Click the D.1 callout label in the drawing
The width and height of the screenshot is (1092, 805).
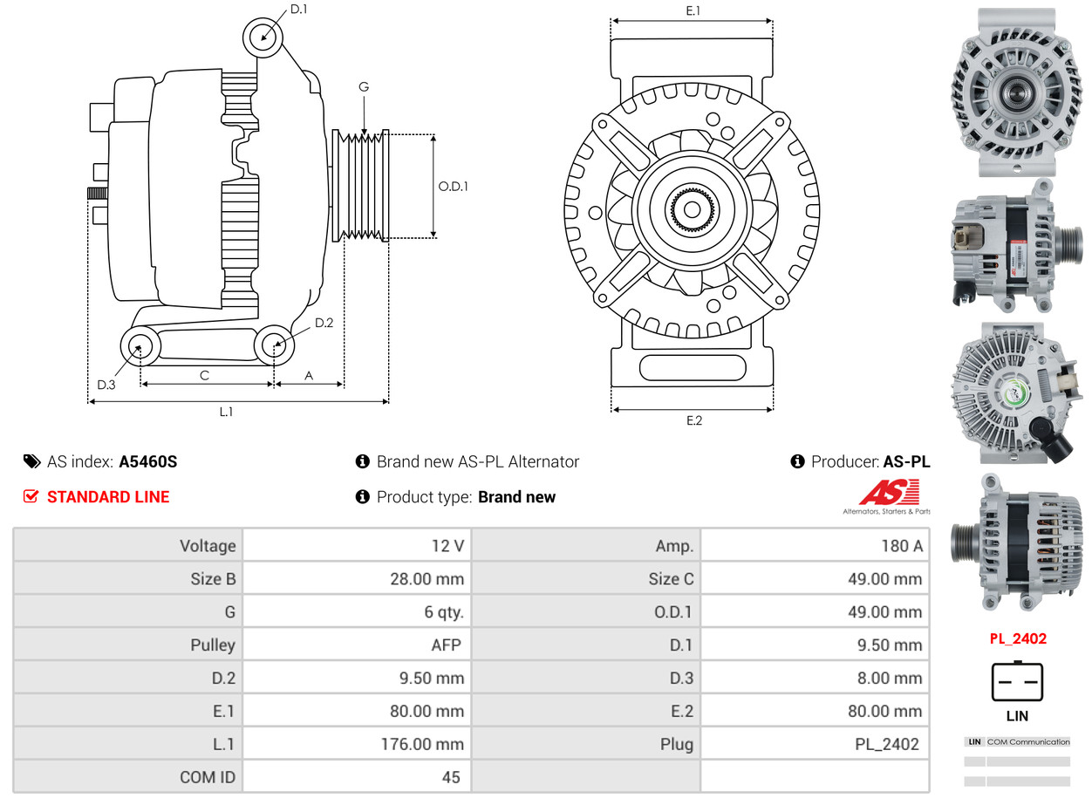point(298,10)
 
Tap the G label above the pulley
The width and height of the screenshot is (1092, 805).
point(364,86)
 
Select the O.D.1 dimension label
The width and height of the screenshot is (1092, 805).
point(453,186)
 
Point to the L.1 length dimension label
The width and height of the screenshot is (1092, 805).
point(226,412)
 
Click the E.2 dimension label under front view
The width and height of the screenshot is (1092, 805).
point(693,420)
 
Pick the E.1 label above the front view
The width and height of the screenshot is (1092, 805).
point(693,10)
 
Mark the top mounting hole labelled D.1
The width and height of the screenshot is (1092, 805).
point(263,38)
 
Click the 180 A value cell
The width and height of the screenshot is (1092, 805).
point(815,546)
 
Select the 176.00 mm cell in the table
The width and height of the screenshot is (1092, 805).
point(357,744)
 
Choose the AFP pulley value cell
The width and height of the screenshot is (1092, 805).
point(357,645)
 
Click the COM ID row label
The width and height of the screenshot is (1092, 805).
point(127,776)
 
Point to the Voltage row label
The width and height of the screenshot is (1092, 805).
point(127,546)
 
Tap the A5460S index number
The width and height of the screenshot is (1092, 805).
point(147,462)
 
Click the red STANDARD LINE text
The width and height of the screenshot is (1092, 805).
point(107,497)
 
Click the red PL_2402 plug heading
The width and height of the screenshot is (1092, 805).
point(1017,638)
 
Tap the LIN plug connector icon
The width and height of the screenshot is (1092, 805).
point(1017,683)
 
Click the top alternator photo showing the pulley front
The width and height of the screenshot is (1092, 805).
point(1016,92)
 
